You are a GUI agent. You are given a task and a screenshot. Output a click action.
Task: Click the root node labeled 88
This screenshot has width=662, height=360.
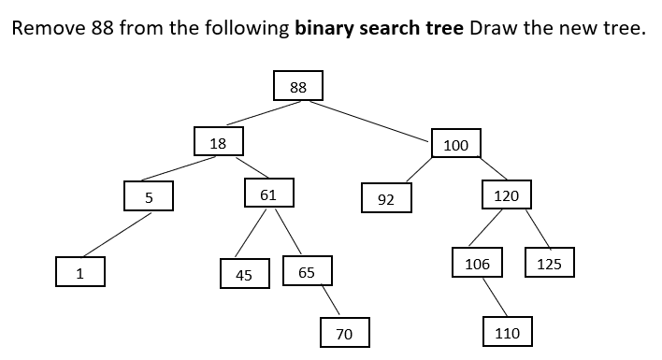298,86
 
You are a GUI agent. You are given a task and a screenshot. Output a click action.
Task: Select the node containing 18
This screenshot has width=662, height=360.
219,142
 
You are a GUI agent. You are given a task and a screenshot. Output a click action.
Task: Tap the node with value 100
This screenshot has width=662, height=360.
456,144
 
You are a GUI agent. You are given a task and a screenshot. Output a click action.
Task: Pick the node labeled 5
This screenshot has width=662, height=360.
149,196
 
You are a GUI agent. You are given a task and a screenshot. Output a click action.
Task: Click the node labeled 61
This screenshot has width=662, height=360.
268,193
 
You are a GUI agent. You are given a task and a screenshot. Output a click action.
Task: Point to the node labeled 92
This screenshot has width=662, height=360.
386,198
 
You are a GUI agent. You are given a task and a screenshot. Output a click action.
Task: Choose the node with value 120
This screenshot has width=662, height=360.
506,194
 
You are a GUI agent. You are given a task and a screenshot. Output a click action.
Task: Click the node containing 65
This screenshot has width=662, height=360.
307,271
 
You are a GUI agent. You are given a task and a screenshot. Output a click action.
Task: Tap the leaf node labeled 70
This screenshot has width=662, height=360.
344,332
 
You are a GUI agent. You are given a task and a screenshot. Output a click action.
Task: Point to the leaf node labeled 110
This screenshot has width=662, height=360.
507,332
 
